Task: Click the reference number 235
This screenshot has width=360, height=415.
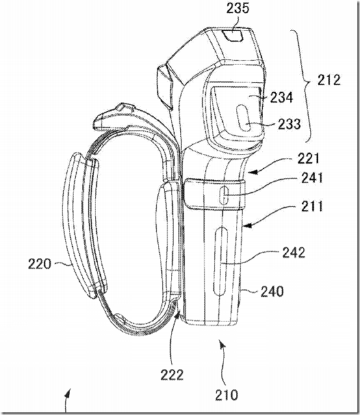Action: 238,8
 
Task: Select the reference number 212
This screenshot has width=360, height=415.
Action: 329,80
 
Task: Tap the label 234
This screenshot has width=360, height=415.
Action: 281,97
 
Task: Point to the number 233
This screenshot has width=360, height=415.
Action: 289,124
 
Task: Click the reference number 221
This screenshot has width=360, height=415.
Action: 309,159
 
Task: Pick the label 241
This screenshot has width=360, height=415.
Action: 313,178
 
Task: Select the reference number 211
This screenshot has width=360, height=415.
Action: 313,207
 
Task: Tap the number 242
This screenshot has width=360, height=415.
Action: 294,253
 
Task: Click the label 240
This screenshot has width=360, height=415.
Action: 272,292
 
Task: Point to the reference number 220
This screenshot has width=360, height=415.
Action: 40,264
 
